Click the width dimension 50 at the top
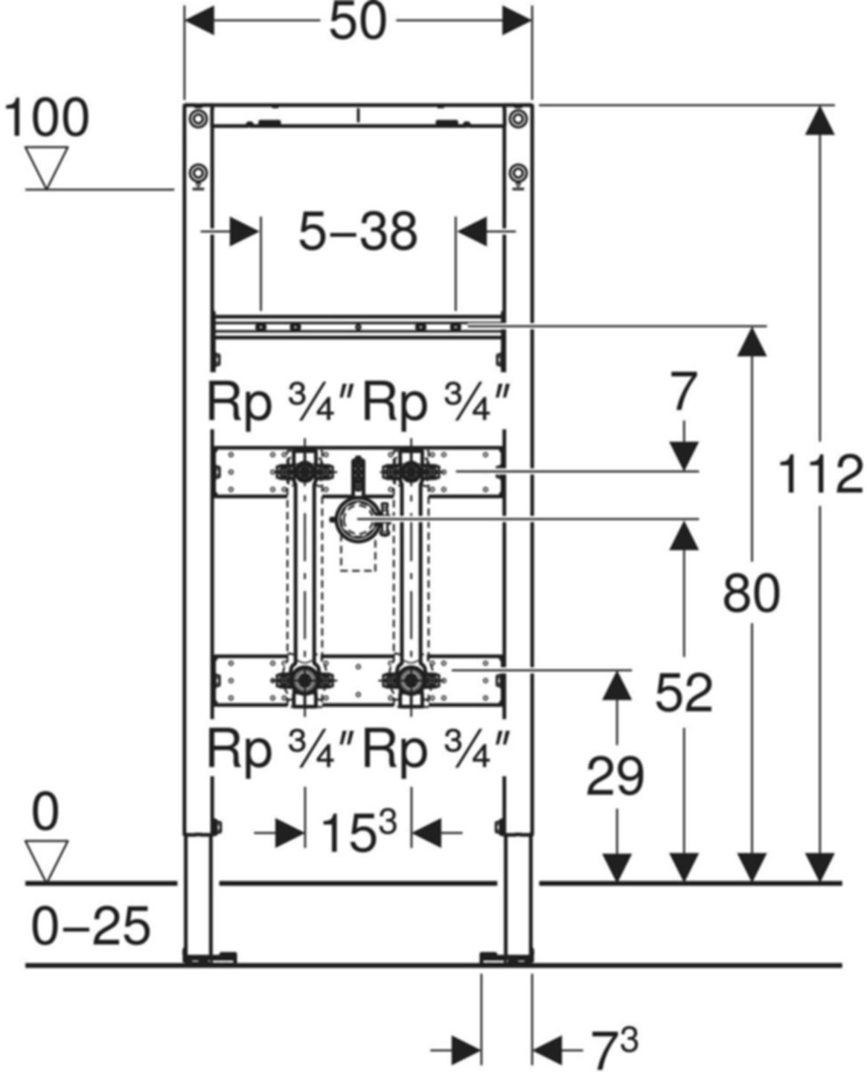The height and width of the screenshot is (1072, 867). [358, 22]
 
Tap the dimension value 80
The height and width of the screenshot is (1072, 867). [752, 594]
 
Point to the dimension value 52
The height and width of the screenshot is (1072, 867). [684, 692]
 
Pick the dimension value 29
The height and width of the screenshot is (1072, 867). [615, 777]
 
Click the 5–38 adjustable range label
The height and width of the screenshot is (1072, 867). [358, 232]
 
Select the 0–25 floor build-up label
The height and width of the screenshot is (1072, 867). [91, 926]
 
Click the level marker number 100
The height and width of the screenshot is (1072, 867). [46, 118]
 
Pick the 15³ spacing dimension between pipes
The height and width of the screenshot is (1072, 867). [358, 832]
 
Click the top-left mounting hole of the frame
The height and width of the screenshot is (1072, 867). [197, 118]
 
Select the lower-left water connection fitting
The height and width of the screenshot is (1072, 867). [304, 680]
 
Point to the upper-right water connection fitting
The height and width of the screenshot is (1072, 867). [409, 470]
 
